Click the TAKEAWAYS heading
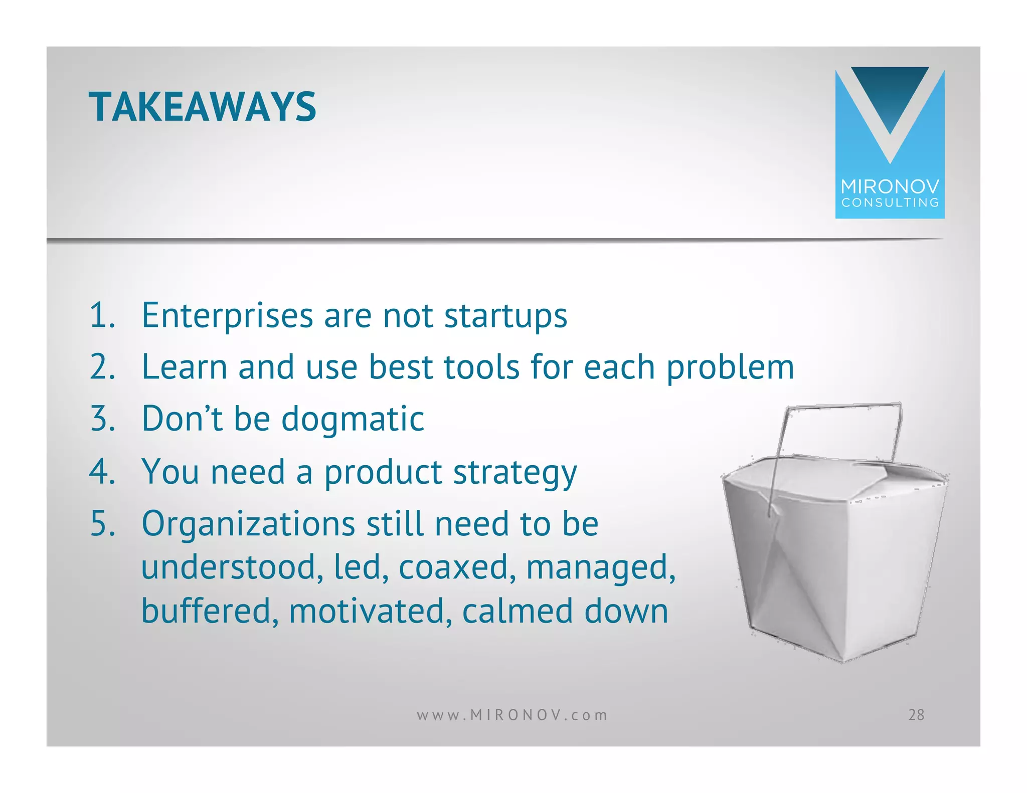point(202,107)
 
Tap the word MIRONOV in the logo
point(890,187)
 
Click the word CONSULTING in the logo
point(890,203)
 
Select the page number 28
point(916,715)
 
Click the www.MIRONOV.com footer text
point(512,715)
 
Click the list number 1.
point(102,316)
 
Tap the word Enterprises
point(227,316)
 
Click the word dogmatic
point(353,420)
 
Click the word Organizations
point(248,524)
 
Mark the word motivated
point(367,611)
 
